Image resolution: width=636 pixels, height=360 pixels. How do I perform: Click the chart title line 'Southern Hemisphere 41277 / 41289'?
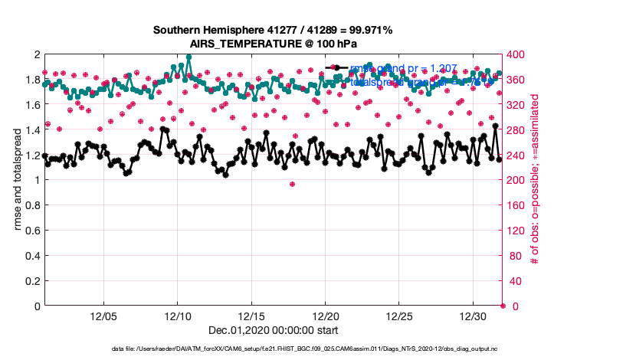(273, 31)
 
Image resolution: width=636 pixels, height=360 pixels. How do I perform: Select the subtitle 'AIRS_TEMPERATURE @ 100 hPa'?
(273, 44)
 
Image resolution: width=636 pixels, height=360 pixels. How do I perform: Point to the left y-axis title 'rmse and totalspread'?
(18, 180)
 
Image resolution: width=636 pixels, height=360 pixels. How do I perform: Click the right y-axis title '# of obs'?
(535, 180)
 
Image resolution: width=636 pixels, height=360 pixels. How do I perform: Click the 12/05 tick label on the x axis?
(103, 316)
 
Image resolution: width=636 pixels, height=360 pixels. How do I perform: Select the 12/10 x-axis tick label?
(178, 316)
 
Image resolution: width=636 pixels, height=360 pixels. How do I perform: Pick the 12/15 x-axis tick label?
(252, 316)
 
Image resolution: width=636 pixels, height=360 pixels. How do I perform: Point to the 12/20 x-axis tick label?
(326, 316)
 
